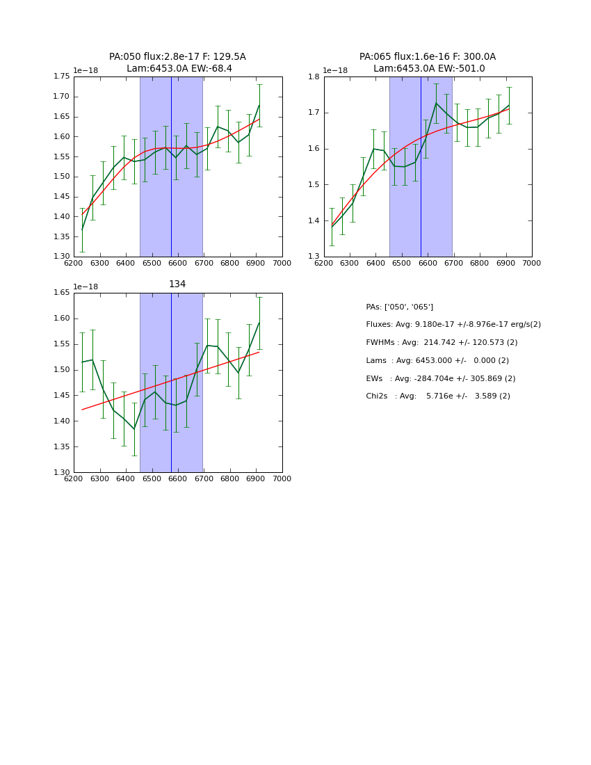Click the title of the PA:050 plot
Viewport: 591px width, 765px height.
[177, 63]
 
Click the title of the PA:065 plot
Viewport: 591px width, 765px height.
[428, 63]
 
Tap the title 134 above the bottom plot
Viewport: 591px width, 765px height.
[177, 284]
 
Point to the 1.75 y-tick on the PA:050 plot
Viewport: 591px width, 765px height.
[62, 76]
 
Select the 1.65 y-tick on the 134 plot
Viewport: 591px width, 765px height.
[62, 293]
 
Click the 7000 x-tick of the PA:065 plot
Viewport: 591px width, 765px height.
[532, 264]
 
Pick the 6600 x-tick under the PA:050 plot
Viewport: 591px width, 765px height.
[178, 264]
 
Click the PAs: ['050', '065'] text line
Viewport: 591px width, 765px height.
[400, 307]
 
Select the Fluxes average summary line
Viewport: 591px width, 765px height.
[453, 325]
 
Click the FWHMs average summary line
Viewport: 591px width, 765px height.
[442, 343]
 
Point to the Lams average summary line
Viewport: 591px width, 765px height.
[437, 361]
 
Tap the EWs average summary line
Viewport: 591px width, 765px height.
[438, 378]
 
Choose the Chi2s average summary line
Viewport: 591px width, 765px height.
[438, 396]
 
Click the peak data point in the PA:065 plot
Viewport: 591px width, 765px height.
[436, 103]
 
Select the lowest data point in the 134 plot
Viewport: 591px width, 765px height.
[134, 429]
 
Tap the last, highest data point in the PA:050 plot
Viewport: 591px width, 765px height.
[259, 106]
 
